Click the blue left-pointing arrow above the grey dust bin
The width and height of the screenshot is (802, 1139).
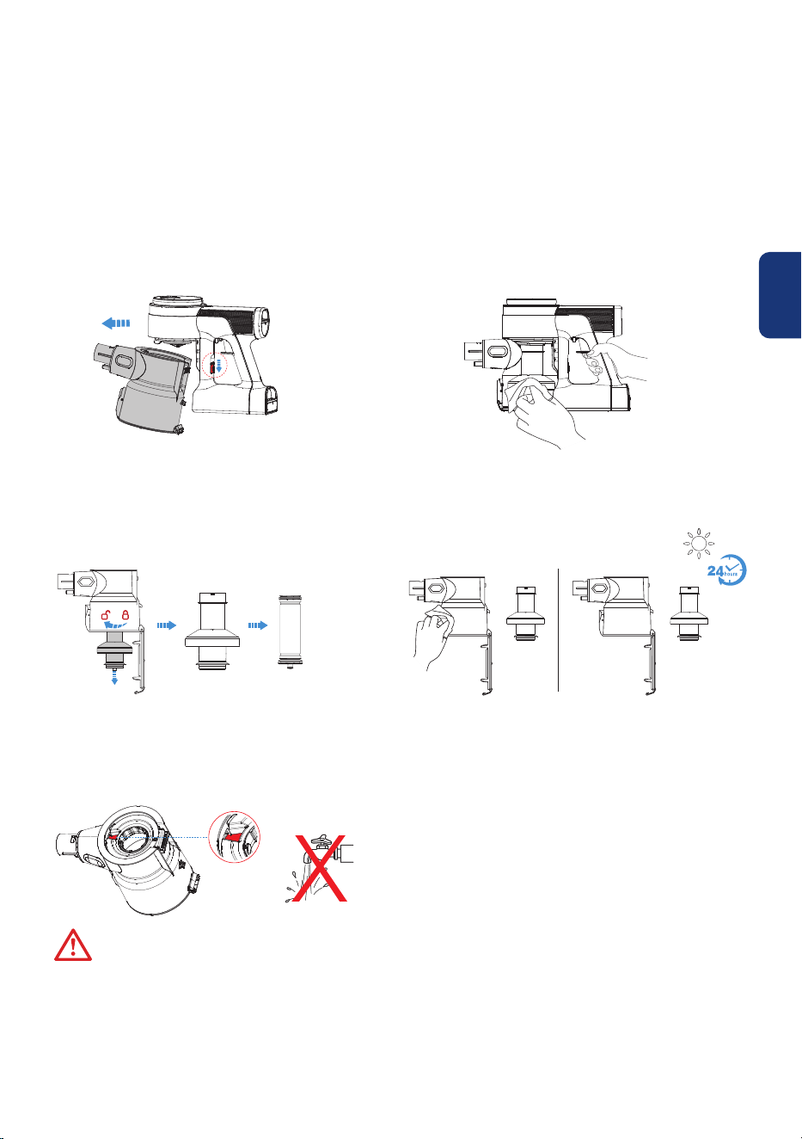tap(116, 323)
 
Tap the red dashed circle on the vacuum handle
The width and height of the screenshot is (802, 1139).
tap(215, 366)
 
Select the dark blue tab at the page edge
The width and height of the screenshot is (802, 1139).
tap(780, 295)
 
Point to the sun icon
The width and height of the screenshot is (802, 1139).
tap(698, 544)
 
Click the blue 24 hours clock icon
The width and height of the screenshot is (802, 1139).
tap(727, 569)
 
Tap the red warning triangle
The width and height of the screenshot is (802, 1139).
tap(73, 945)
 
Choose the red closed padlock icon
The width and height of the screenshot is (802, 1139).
tap(125, 614)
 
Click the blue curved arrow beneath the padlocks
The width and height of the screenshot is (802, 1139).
tap(115, 625)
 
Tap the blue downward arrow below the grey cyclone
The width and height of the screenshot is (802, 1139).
tap(115, 677)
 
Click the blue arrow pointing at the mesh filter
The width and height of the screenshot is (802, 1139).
tap(258, 625)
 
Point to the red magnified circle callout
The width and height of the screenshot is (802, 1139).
tap(235, 836)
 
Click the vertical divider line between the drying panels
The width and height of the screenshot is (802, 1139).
tap(558, 630)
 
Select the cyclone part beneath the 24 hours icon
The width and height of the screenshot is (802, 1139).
tap(689, 613)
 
